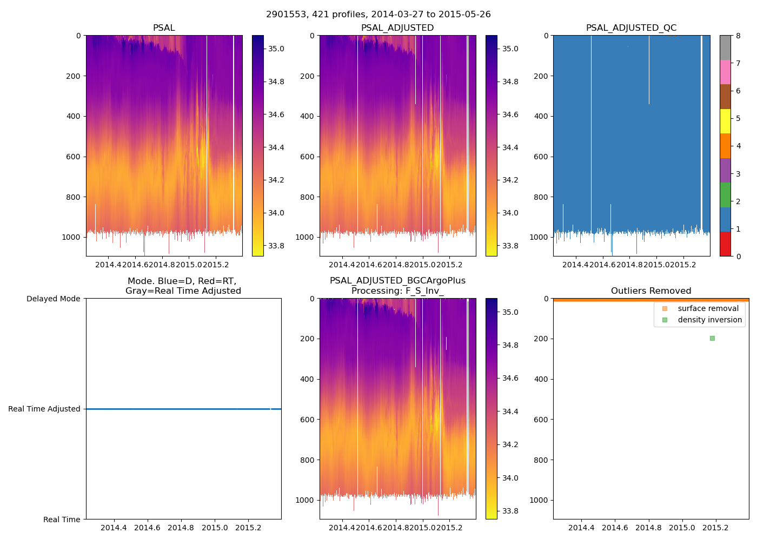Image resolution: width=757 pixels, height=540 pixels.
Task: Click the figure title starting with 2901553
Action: click(378, 15)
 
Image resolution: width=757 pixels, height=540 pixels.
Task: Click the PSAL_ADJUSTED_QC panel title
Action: click(631, 28)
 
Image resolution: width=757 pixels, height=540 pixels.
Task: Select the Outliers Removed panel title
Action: click(650, 291)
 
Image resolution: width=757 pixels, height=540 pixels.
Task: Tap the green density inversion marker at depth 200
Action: click(712, 338)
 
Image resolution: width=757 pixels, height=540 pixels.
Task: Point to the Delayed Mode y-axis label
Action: click(53, 299)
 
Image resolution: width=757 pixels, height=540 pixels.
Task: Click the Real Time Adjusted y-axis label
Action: click(44, 409)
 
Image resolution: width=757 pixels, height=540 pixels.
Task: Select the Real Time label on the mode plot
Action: click(62, 519)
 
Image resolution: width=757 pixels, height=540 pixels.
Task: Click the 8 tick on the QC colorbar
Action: click(738, 36)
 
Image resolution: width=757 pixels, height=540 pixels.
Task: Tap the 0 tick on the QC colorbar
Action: click(738, 256)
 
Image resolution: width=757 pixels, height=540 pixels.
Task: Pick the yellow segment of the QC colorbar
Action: click(725, 121)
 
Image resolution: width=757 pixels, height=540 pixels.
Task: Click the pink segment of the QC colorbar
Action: click(725, 72)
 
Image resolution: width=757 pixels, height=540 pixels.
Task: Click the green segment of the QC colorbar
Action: click(725, 194)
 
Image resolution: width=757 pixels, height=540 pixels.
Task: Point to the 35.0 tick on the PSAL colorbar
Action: click(276, 49)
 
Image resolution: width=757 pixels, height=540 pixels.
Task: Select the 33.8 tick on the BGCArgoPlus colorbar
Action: click(510, 511)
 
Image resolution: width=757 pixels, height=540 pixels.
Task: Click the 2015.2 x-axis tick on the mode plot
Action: click(248, 528)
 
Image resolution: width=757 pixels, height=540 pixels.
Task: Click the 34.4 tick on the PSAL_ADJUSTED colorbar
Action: click(510, 147)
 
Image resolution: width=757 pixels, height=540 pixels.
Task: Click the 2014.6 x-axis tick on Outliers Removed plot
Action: click(615, 528)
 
